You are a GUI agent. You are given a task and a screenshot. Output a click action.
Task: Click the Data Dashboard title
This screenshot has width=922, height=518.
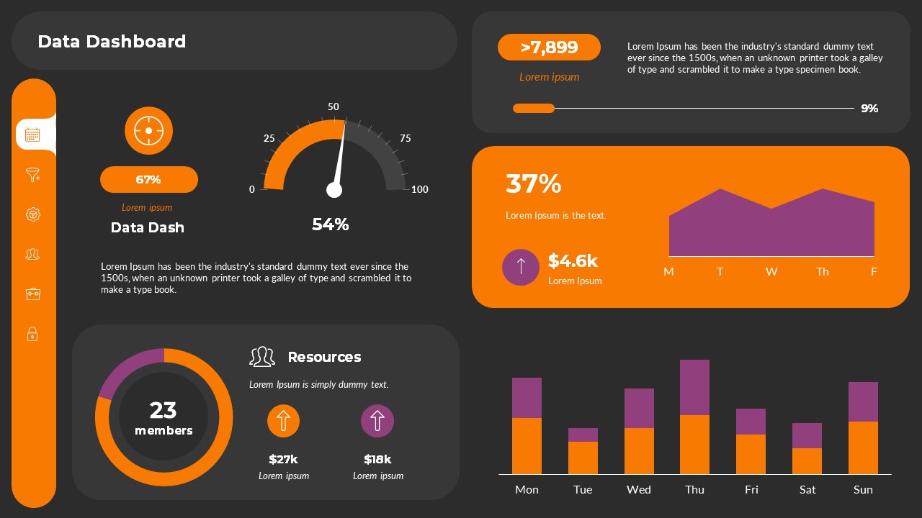click(112, 42)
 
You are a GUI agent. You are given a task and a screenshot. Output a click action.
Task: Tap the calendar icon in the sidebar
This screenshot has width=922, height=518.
click(32, 135)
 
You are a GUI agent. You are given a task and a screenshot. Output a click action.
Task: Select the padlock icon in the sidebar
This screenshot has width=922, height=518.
click(32, 334)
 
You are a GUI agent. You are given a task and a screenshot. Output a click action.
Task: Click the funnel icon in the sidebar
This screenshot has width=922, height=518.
click(32, 175)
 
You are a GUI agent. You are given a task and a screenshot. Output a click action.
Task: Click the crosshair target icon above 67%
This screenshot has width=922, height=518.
click(148, 131)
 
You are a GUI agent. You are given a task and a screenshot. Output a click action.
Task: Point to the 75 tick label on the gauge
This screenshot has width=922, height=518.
click(405, 138)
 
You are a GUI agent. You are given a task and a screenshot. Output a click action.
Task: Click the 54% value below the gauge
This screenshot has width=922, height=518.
click(330, 224)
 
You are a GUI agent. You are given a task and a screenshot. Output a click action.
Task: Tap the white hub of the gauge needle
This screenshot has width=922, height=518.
click(334, 190)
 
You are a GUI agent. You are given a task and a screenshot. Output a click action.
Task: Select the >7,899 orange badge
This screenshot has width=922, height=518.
click(549, 47)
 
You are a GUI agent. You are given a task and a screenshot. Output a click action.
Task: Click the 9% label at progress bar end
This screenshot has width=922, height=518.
click(869, 109)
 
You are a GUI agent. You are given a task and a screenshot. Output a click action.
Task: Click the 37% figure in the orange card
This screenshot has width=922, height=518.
click(533, 184)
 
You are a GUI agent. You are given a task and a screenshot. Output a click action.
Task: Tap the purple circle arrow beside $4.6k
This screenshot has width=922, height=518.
click(521, 267)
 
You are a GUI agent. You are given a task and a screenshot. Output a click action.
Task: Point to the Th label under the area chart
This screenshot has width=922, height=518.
click(823, 271)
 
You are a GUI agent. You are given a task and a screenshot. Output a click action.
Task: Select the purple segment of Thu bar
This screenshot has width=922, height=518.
click(694, 387)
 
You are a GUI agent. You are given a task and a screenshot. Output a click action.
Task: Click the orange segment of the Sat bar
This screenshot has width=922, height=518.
click(807, 461)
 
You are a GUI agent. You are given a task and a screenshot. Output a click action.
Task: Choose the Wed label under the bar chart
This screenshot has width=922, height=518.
click(638, 489)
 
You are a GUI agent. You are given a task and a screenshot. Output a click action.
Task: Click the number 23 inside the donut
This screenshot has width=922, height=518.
click(164, 410)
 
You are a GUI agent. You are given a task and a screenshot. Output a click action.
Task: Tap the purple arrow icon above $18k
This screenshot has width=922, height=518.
click(377, 421)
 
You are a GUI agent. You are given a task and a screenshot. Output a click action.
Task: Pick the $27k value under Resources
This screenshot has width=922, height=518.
click(283, 459)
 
